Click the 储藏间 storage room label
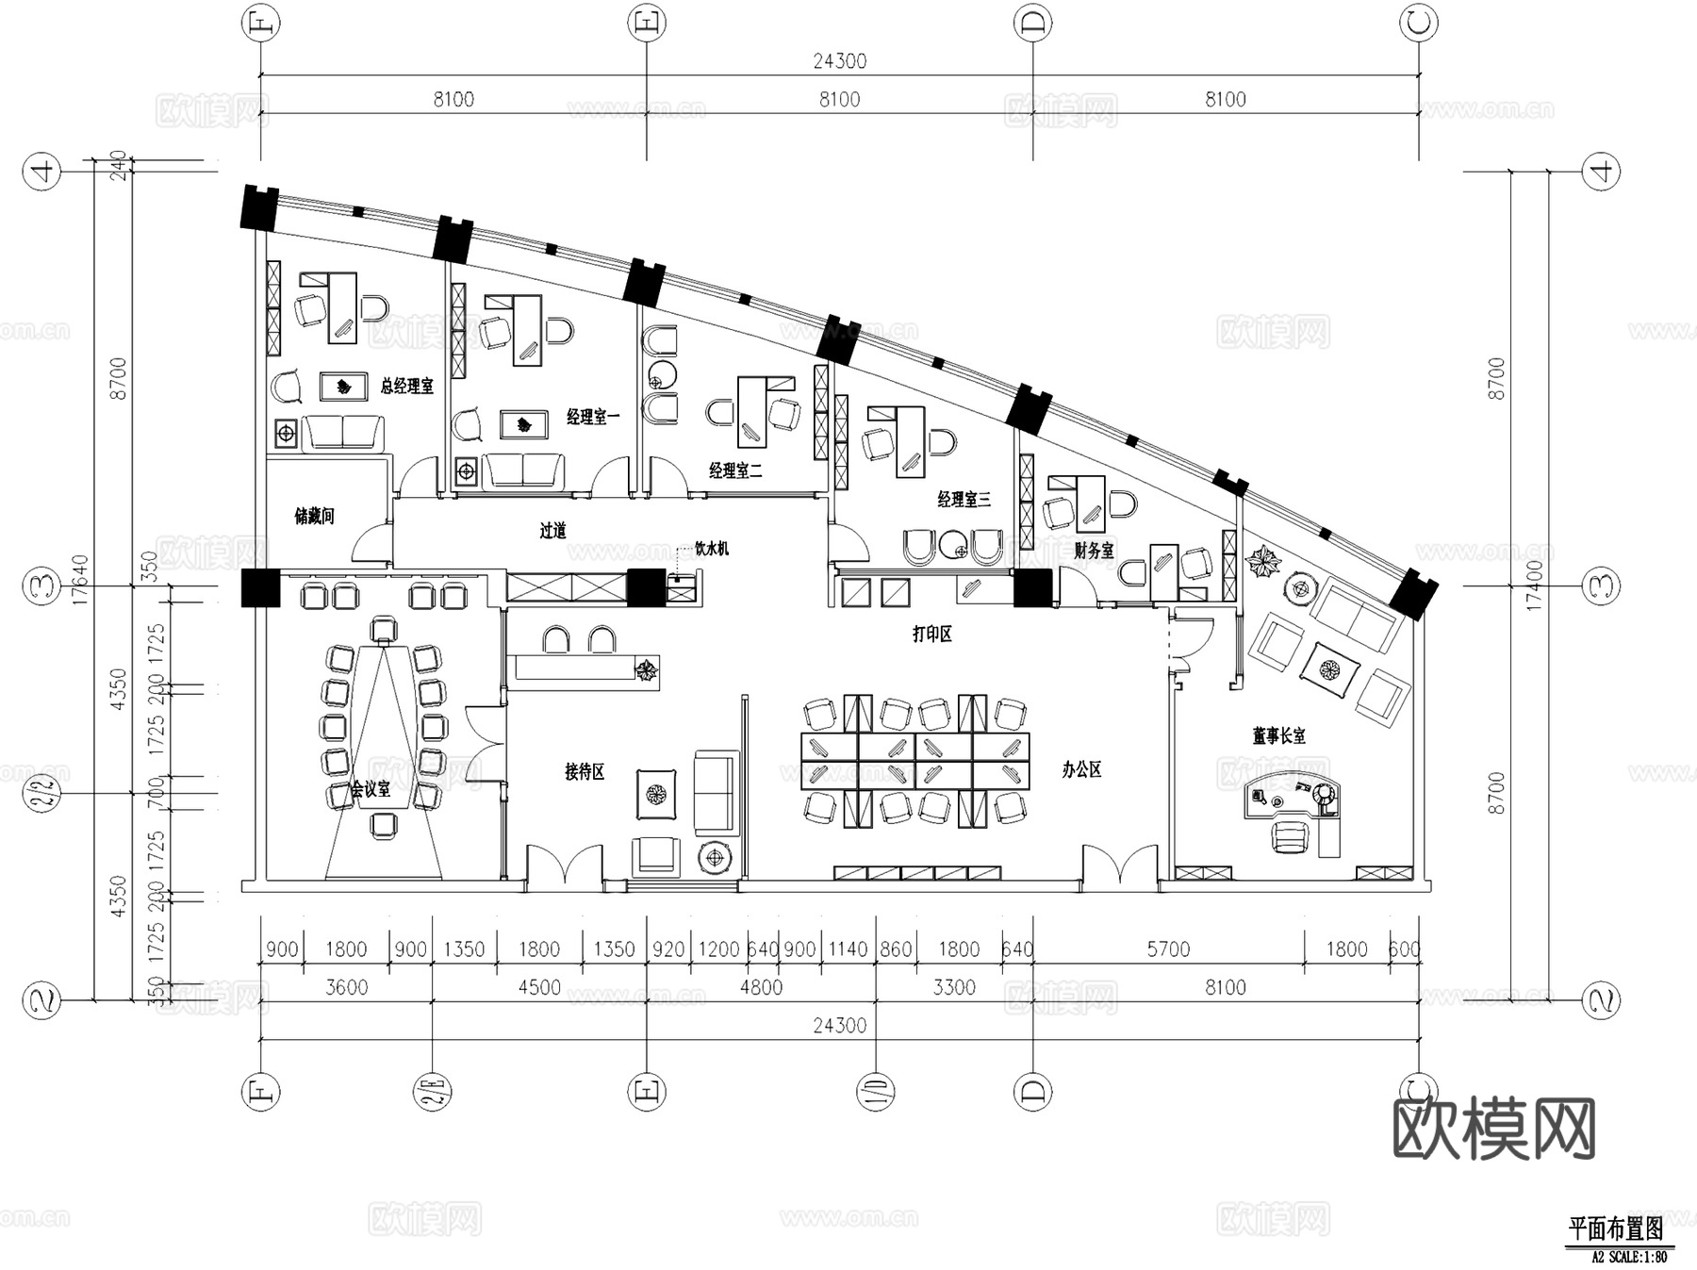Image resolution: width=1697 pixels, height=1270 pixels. pos(314,516)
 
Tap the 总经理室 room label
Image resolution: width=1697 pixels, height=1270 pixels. pos(406,386)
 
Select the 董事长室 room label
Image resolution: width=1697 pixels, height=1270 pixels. pos(1278,735)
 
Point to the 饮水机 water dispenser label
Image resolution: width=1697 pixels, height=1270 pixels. pos(711,548)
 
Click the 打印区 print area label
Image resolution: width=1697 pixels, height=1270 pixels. pos(931,634)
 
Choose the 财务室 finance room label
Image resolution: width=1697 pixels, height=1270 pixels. pos(1094,550)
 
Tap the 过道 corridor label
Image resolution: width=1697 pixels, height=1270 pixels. pos(553,531)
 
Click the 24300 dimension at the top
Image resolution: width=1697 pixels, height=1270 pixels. pos(839,61)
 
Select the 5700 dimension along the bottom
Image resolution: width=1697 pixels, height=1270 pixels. pos(1167,949)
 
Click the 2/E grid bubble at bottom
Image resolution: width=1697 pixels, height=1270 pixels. pos(433,1092)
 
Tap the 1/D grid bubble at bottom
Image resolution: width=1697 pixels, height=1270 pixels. pos(875,1092)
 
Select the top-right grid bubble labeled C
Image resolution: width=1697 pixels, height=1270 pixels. pos(1419,24)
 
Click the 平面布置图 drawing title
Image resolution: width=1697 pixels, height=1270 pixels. pos(1615,1229)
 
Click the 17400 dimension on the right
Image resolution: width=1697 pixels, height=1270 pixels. pos(1534,585)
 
